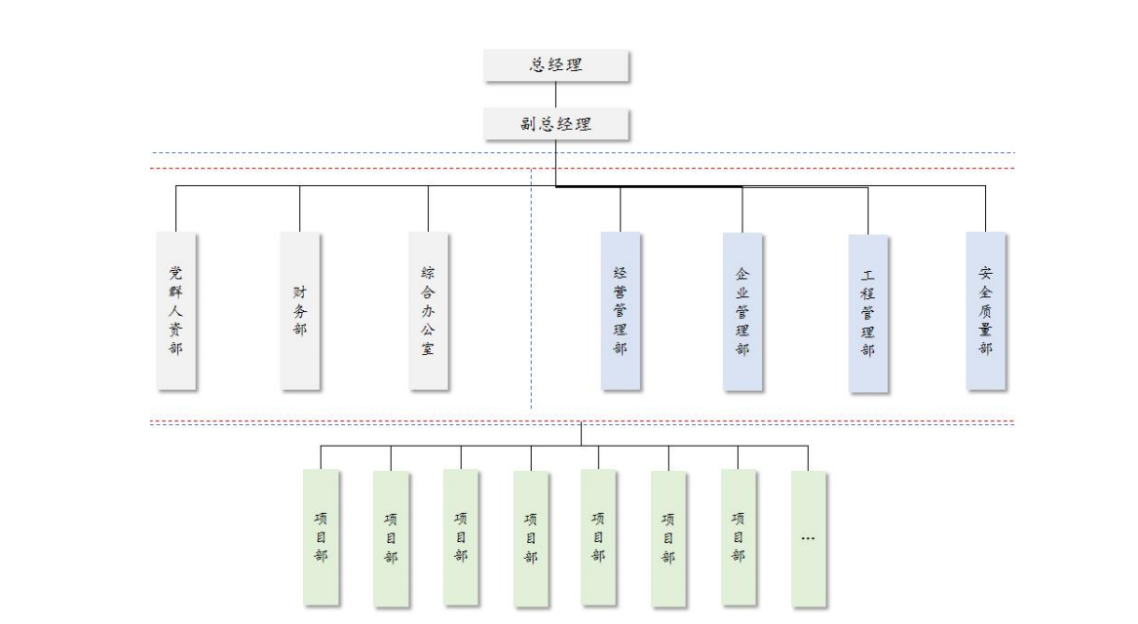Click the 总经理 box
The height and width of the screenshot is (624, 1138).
(x=556, y=65)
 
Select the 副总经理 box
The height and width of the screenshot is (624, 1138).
(x=556, y=124)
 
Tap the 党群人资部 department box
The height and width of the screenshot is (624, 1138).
(x=176, y=310)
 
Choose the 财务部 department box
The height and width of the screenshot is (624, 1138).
(x=300, y=310)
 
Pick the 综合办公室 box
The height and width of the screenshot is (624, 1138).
(x=429, y=310)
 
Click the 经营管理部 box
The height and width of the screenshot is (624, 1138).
(x=621, y=310)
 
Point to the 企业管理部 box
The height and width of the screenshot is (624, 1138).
(x=742, y=310)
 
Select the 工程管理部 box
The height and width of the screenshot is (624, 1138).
(x=868, y=313)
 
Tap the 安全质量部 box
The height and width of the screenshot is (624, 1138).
(x=986, y=310)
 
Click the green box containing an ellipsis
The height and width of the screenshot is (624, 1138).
(x=808, y=538)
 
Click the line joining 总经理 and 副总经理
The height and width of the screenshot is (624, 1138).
(x=556, y=95)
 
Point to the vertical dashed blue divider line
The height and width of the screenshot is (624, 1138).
(x=531, y=292)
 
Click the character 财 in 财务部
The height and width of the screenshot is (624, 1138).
(x=300, y=292)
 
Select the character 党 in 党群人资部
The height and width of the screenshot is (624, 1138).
(x=176, y=272)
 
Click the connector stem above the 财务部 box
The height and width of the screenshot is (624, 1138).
(x=300, y=209)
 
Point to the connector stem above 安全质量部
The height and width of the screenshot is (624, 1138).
(x=986, y=209)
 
